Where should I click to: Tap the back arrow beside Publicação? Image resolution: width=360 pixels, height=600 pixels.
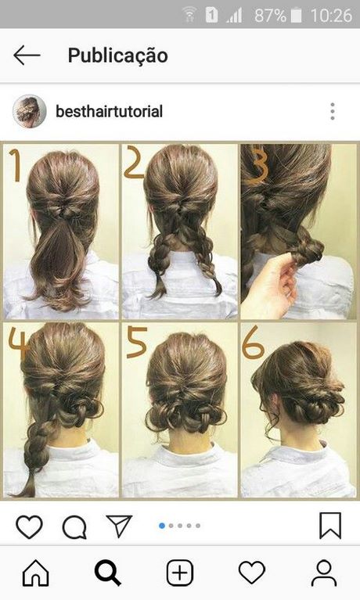point(27,55)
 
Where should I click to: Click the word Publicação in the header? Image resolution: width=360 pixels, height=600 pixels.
point(118,56)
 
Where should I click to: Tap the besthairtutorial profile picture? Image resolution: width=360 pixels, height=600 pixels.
point(30,111)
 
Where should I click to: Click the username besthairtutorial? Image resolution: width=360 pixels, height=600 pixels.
point(109,111)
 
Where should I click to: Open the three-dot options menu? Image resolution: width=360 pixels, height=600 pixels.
point(333,111)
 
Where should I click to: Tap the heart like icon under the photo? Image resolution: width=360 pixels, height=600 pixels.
point(30,526)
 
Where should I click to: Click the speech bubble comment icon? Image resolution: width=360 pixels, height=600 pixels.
point(74,527)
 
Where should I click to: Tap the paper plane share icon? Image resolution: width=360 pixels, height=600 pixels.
point(119,526)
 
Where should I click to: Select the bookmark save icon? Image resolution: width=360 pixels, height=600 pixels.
point(330,526)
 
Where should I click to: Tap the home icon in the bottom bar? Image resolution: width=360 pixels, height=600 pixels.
point(36,573)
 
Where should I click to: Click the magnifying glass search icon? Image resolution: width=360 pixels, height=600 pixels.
point(108,573)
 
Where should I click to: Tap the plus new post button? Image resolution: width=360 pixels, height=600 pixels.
point(180,573)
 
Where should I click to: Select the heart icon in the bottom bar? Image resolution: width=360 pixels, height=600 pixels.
point(252,573)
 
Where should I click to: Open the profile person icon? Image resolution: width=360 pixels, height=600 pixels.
point(324,573)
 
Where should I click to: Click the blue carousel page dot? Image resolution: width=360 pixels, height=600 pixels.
point(162,526)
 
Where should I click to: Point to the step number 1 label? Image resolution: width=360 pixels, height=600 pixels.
point(16,165)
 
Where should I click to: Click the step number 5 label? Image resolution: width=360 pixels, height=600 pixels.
point(137,342)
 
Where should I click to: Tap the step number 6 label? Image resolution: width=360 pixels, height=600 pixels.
point(253,343)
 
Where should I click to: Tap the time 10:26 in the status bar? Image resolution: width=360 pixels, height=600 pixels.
point(331,16)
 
